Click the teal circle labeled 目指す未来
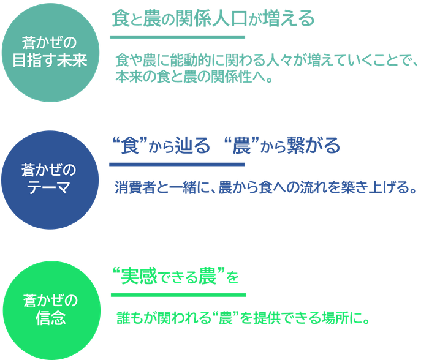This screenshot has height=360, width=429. (x=50, y=53)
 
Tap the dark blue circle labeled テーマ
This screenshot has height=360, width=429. (x=50, y=180)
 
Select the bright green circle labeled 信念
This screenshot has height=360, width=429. (x=51, y=310)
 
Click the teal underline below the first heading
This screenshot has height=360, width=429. (x=177, y=37)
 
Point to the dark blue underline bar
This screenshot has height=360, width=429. (x=177, y=165)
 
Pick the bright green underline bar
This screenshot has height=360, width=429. (x=179, y=295)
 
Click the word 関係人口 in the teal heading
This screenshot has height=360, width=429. (x=211, y=18)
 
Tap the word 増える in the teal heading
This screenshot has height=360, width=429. (x=288, y=18)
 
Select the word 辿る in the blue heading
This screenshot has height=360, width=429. (x=192, y=146)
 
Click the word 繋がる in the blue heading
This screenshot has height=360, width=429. (x=313, y=146)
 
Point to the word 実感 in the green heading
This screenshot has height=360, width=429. (x=139, y=276)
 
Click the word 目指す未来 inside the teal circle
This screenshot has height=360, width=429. (x=50, y=60)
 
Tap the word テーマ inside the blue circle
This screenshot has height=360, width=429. (x=48, y=188)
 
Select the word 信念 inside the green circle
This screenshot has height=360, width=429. (x=51, y=318)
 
